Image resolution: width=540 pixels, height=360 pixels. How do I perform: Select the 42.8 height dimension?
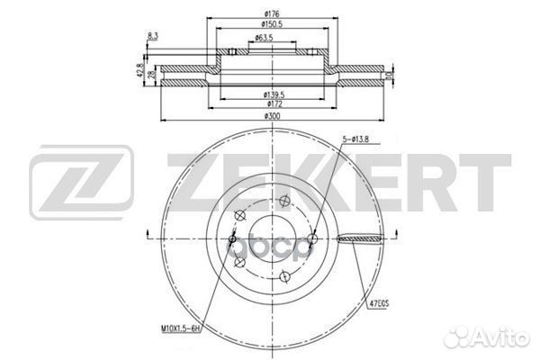(x=140, y=69)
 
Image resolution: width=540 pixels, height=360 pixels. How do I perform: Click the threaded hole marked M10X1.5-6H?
(x=231, y=238)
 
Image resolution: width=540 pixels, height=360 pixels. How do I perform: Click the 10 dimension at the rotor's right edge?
(x=386, y=76)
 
